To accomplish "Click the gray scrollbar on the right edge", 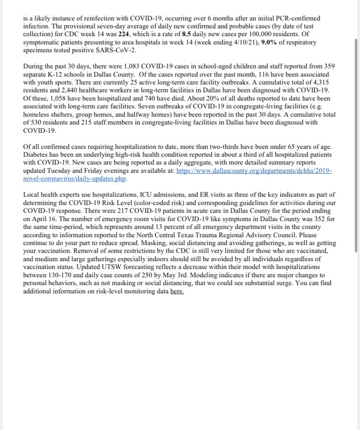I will coord(356,144).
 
